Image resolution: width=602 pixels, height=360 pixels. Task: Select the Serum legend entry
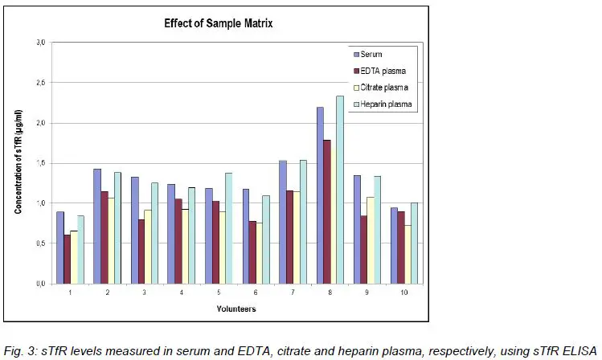[371, 54]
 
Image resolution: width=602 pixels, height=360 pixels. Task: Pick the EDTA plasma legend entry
[379, 71]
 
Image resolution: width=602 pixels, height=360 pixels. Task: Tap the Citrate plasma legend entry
[381, 87]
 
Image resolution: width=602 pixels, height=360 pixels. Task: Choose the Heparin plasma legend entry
[382, 104]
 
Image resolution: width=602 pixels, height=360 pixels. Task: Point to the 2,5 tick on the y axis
[40, 83]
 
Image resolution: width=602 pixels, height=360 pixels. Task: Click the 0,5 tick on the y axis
[40, 243]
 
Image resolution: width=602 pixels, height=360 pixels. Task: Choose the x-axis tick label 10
[403, 293]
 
